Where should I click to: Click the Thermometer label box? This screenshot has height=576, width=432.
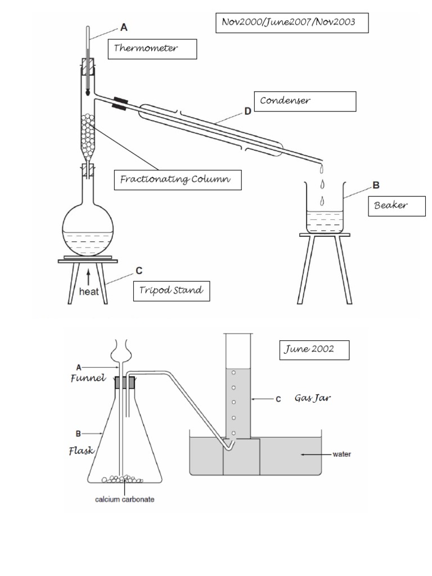click(x=152, y=49)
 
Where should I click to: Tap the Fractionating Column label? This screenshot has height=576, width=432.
click(x=177, y=180)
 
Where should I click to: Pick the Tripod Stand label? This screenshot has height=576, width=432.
click(x=172, y=291)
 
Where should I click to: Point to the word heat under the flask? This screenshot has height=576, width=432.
click(x=88, y=292)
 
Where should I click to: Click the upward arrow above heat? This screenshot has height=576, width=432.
click(x=88, y=276)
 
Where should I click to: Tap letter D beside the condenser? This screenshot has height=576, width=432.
click(x=247, y=111)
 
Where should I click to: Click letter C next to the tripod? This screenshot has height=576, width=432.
click(x=139, y=270)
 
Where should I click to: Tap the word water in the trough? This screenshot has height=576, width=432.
click(x=341, y=454)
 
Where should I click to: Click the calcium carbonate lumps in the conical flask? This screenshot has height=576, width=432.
click(x=121, y=479)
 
